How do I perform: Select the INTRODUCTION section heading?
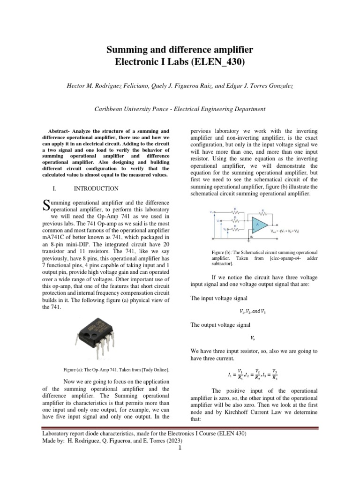click(96, 188)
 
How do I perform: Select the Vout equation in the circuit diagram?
click(285, 232)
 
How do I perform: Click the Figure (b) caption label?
click(225, 253)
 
